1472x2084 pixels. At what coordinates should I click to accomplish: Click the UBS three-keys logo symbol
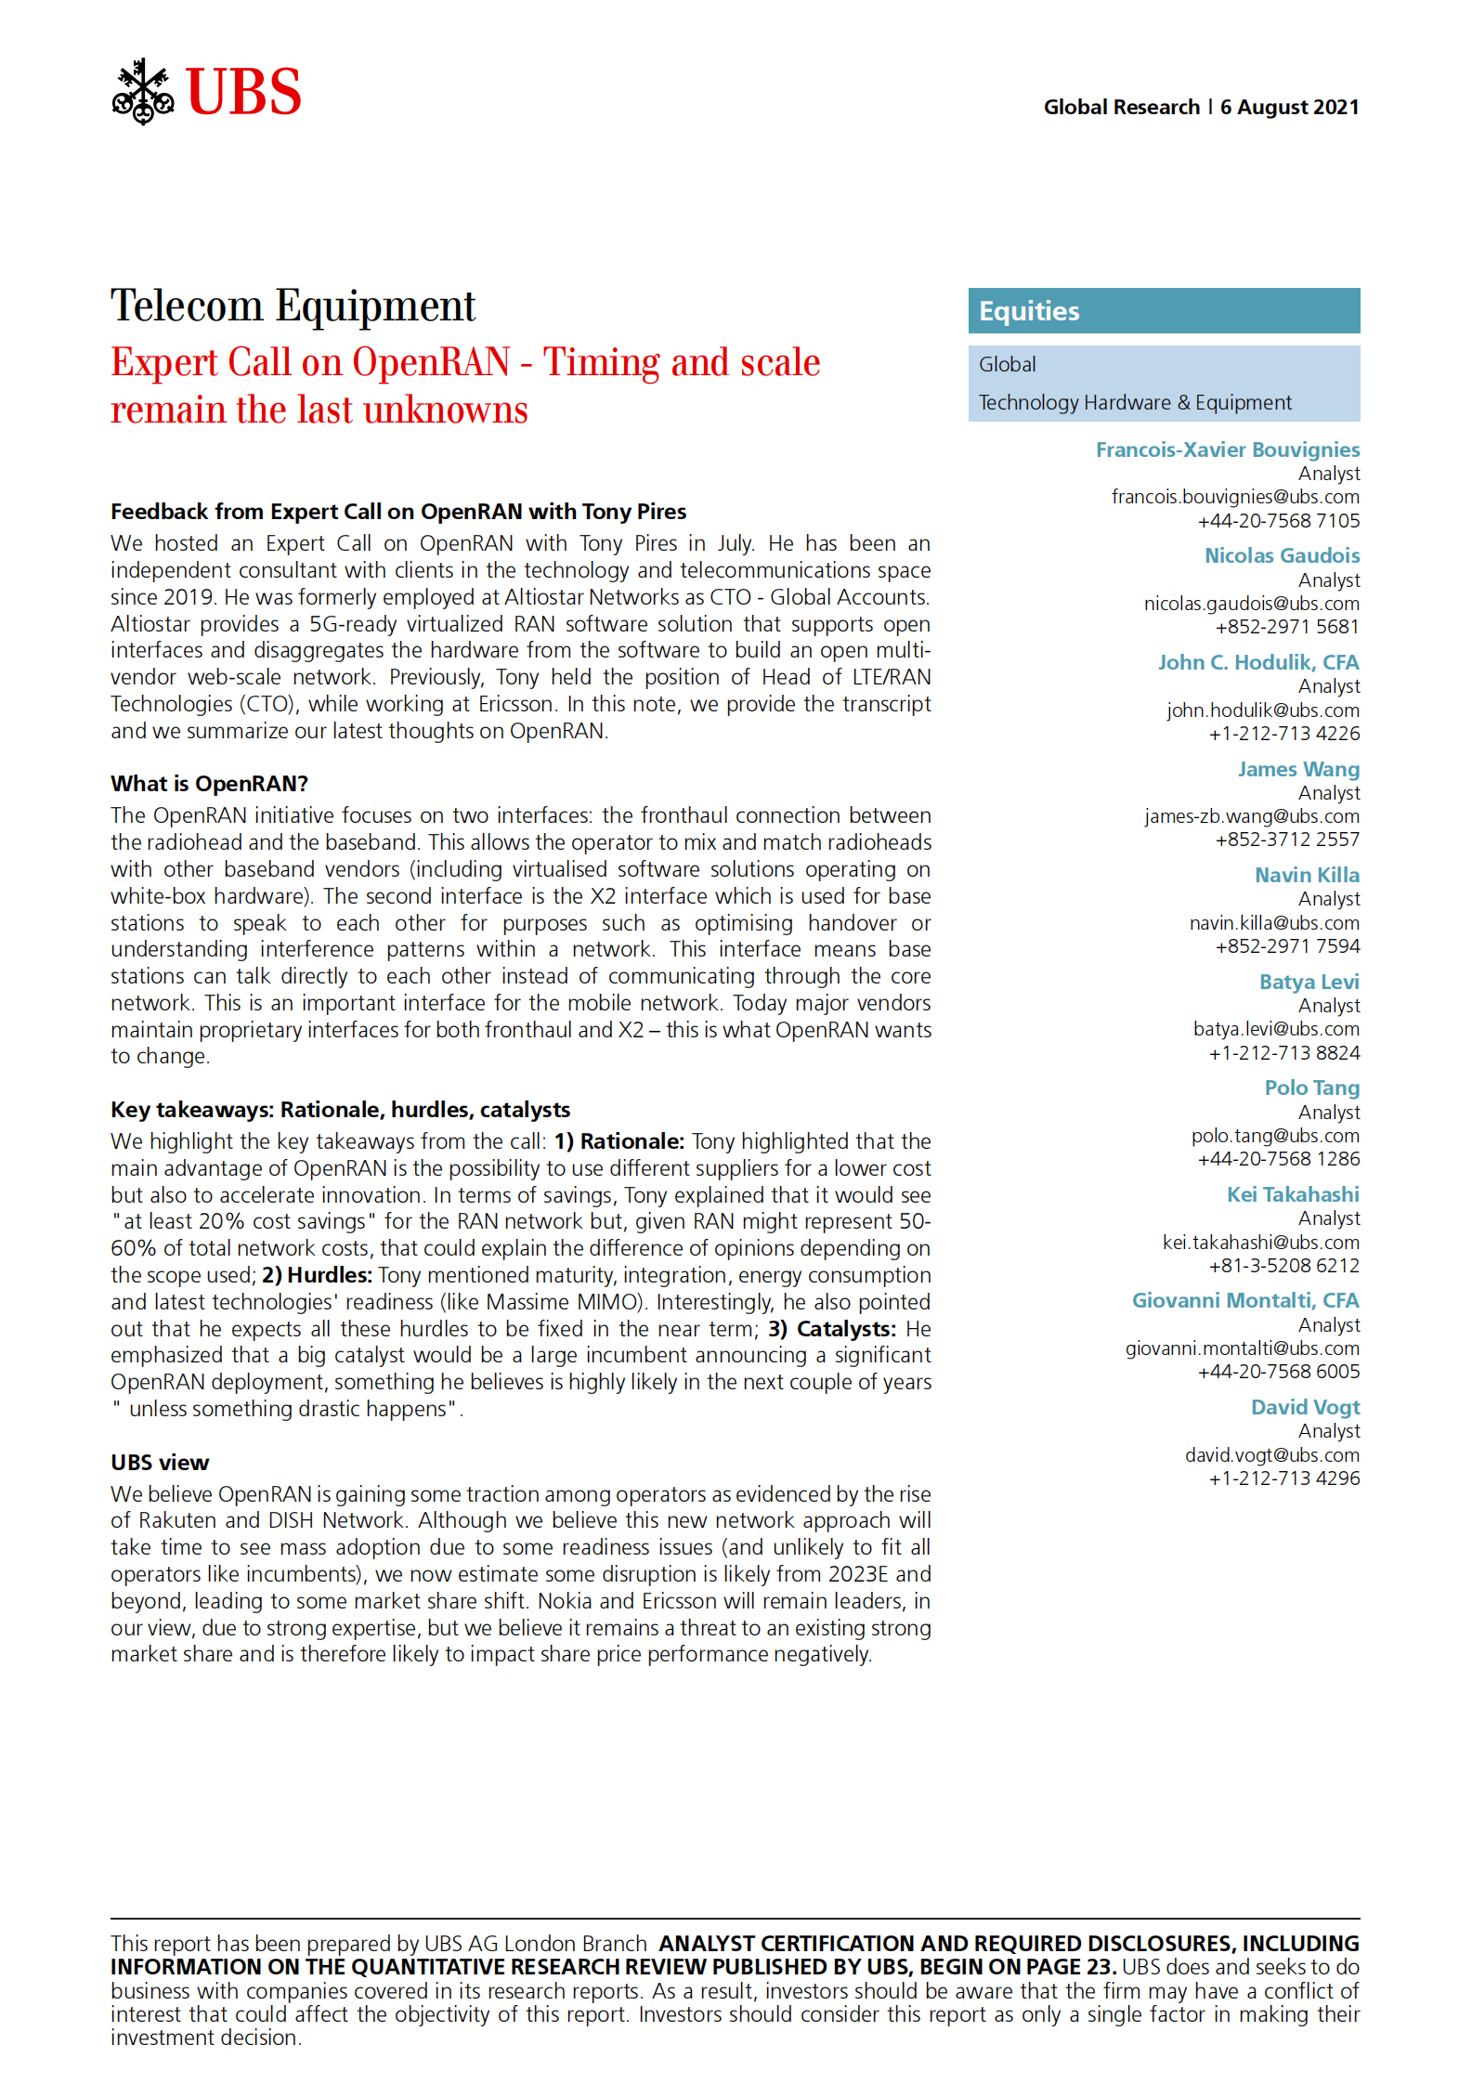point(142,92)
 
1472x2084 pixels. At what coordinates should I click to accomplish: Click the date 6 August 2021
point(1289,108)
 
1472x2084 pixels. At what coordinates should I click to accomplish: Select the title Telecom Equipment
point(293,306)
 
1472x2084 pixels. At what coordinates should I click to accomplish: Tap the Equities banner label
point(1029,311)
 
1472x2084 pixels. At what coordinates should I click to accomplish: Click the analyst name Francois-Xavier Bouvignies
point(1227,450)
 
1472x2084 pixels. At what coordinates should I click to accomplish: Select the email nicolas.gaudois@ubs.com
point(1251,604)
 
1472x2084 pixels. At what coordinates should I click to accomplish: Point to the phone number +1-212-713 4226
point(1283,734)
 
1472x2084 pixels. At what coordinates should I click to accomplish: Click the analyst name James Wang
point(1297,770)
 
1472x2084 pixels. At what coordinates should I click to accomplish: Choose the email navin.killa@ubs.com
point(1274,923)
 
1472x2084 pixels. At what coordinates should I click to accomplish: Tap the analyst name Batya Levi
point(1309,983)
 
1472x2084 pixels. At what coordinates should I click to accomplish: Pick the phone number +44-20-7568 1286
point(1278,1159)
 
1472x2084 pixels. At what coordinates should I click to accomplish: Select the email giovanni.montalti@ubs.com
point(1242,1348)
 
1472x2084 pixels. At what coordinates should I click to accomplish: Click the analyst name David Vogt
point(1305,1408)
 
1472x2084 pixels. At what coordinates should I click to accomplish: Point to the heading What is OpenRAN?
point(209,784)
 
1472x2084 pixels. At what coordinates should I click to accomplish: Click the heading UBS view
point(160,1463)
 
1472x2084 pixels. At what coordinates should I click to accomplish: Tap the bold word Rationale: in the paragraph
point(632,1141)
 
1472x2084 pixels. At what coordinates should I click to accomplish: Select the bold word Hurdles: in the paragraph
point(330,1275)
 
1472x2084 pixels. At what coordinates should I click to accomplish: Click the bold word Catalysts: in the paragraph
point(846,1329)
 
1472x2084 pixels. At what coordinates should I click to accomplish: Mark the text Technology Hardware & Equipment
point(1134,403)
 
